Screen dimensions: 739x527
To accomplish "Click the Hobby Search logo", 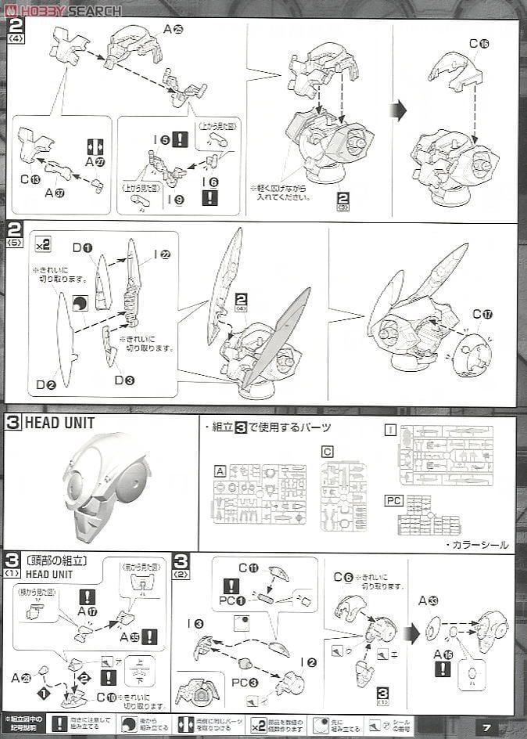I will point(63,10).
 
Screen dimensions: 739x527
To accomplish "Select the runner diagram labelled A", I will point(261,493).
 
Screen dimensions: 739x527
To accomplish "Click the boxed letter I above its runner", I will point(391,429).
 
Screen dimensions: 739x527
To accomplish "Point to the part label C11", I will point(248,568).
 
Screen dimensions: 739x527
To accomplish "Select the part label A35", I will point(130,636).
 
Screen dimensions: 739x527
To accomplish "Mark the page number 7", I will point(486,727).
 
